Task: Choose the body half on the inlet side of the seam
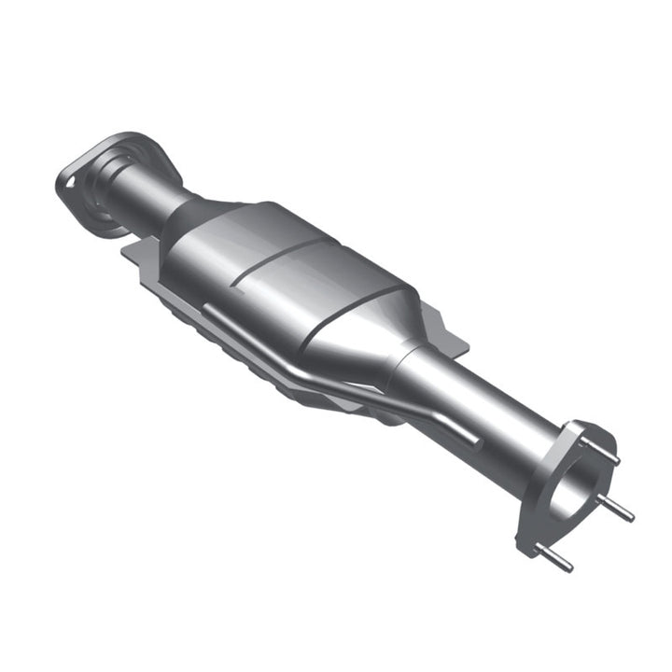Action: click(224, 252)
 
